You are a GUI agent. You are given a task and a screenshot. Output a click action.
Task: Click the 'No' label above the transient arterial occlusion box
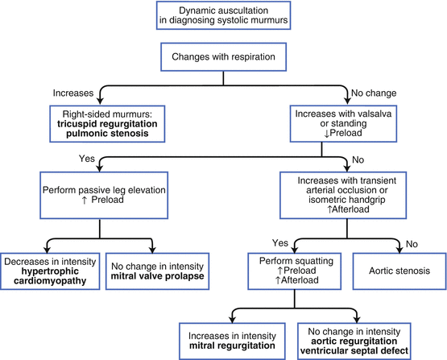(x=358, y=159)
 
